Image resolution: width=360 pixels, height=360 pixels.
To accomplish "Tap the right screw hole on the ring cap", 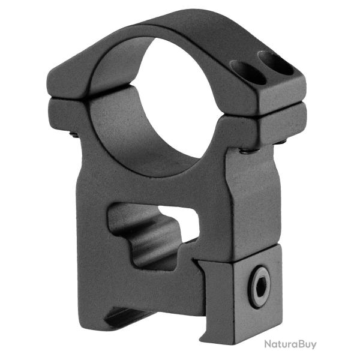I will (x=275, y=63).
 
